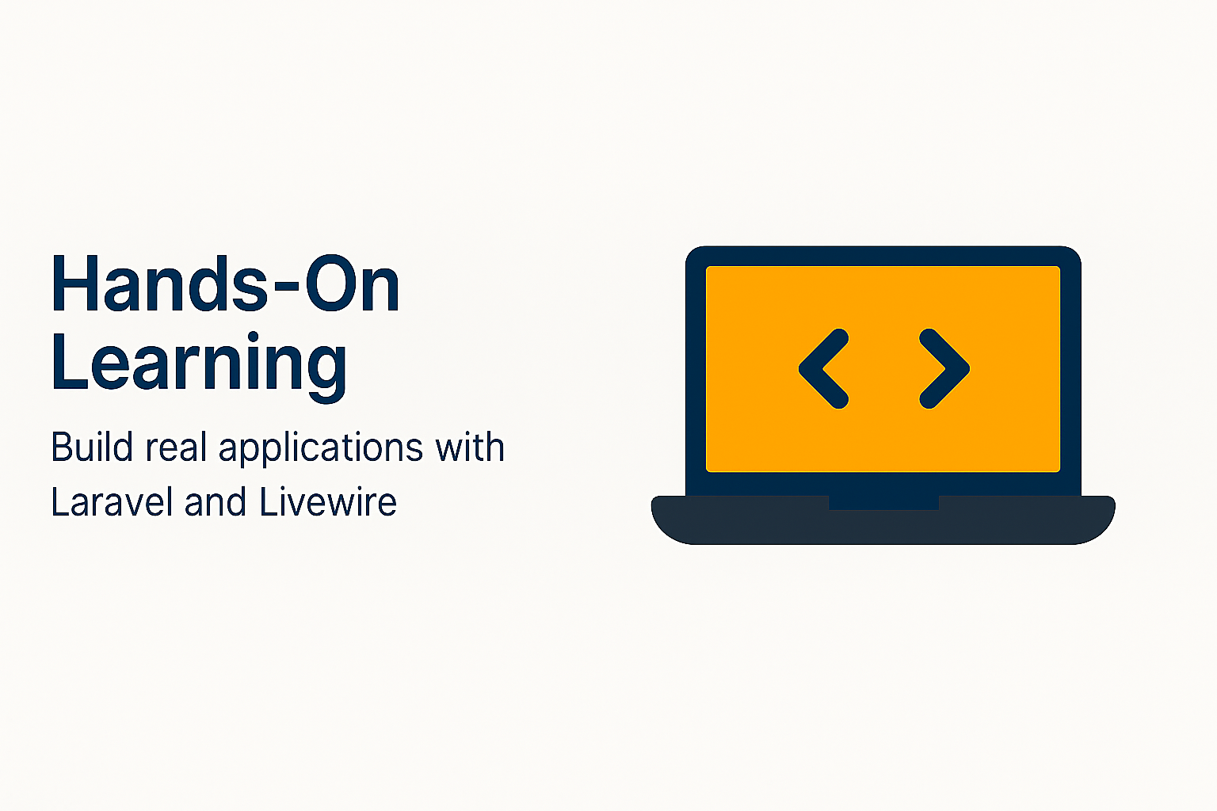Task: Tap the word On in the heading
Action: pos(353,283)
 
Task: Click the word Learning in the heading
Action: pos(199,365)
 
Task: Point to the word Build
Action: pos(93,447)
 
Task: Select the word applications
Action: pos(321,450)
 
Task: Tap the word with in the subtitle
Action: pos(470,447)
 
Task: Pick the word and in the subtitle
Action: pos(216,501)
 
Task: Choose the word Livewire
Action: pos(328,501)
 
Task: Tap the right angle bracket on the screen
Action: pos(944,369)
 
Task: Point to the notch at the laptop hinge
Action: pos(883,502)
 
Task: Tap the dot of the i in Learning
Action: pos(252,337)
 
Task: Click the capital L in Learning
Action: pos(70,360)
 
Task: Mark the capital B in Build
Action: pos(61,447)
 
